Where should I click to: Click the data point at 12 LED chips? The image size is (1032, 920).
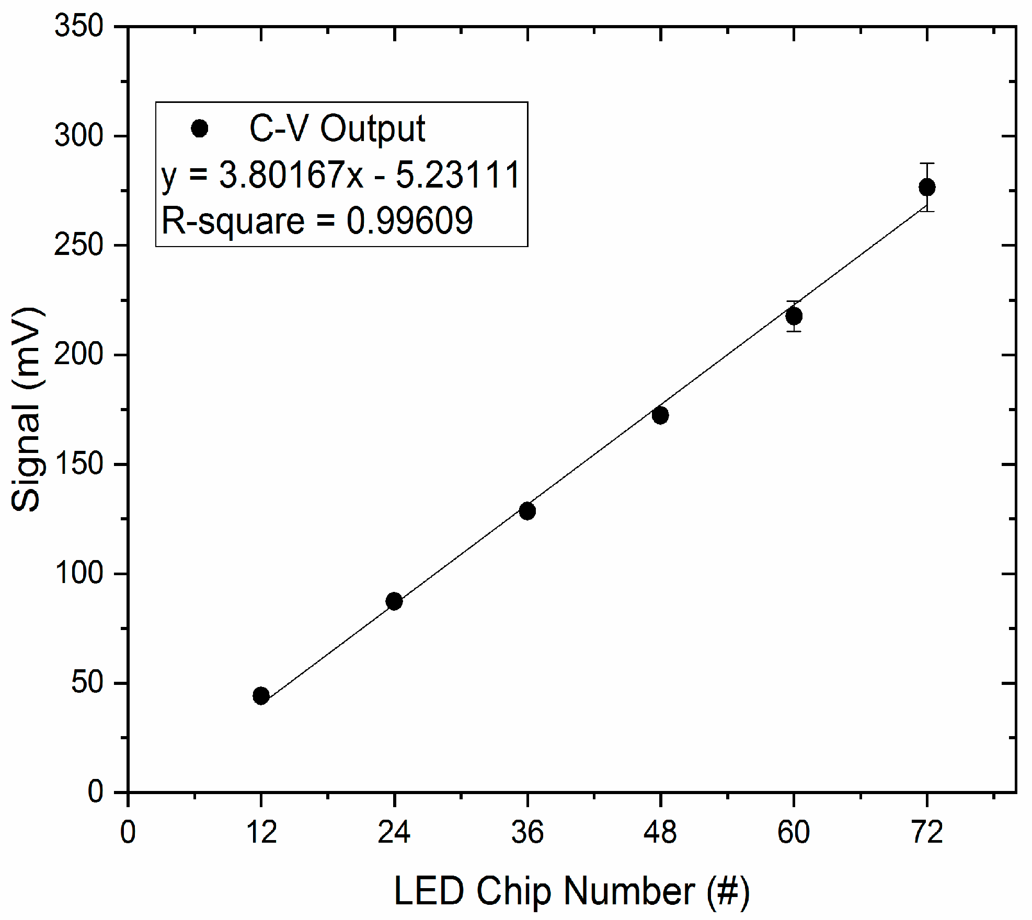point(261,696)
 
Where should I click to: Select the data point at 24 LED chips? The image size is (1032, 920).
point(394,601)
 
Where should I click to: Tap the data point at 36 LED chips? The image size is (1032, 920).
point(527,511)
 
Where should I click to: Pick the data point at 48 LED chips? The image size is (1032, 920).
point(660,415)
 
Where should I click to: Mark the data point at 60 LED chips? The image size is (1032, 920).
point(794,316)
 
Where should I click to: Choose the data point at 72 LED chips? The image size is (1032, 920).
point(927,187)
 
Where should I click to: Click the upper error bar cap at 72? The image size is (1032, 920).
point(927,164)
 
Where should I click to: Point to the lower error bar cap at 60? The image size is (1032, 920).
point(794,331)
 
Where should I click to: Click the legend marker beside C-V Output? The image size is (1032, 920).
point(199,128)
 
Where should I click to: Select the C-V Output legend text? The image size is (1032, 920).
point(337,129)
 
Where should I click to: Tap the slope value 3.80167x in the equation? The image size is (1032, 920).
point(291,174)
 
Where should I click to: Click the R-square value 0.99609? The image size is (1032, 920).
point(409,220)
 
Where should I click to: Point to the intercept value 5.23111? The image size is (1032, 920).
point(458,174)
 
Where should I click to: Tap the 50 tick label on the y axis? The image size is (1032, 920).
point(87,682)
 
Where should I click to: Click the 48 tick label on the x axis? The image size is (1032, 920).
point(660,832)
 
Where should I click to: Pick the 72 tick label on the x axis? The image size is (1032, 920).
point(927,832)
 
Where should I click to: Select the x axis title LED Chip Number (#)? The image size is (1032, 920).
point(571,891)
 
